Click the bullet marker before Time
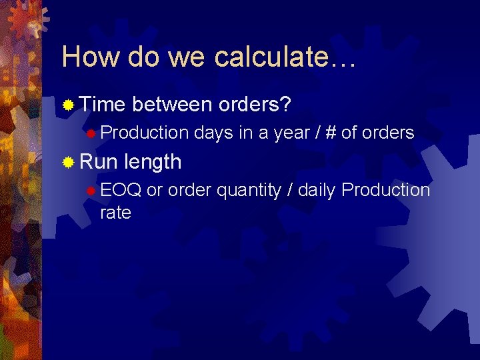tap(68, 105)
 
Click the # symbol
tap(330, 133)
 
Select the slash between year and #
tap(317, 133)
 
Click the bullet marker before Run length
tap(68, 162)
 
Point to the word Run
tap(97, 161)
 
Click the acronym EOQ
tap(121, 191)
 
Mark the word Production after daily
tap(386, 191)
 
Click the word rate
tap(115, 213)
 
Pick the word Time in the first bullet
tap(103, 104)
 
